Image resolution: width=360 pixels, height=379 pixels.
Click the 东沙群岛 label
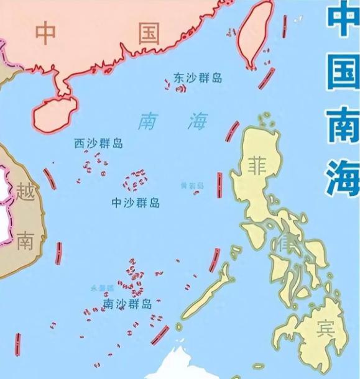click(198, 78)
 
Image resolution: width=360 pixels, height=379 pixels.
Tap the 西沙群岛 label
click(98, 144)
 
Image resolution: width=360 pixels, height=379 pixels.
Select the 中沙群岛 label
click(135, 203)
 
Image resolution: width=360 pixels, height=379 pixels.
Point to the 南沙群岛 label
click(127, 304)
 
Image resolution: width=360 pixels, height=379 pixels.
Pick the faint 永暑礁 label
click(102, 288)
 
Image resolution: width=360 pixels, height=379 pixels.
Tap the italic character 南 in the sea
click(150, 121)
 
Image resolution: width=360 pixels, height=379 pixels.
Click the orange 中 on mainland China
click(45, 33)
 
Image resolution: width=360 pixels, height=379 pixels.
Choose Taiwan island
click(257, 32)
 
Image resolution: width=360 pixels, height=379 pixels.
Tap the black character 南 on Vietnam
click(25, 240)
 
